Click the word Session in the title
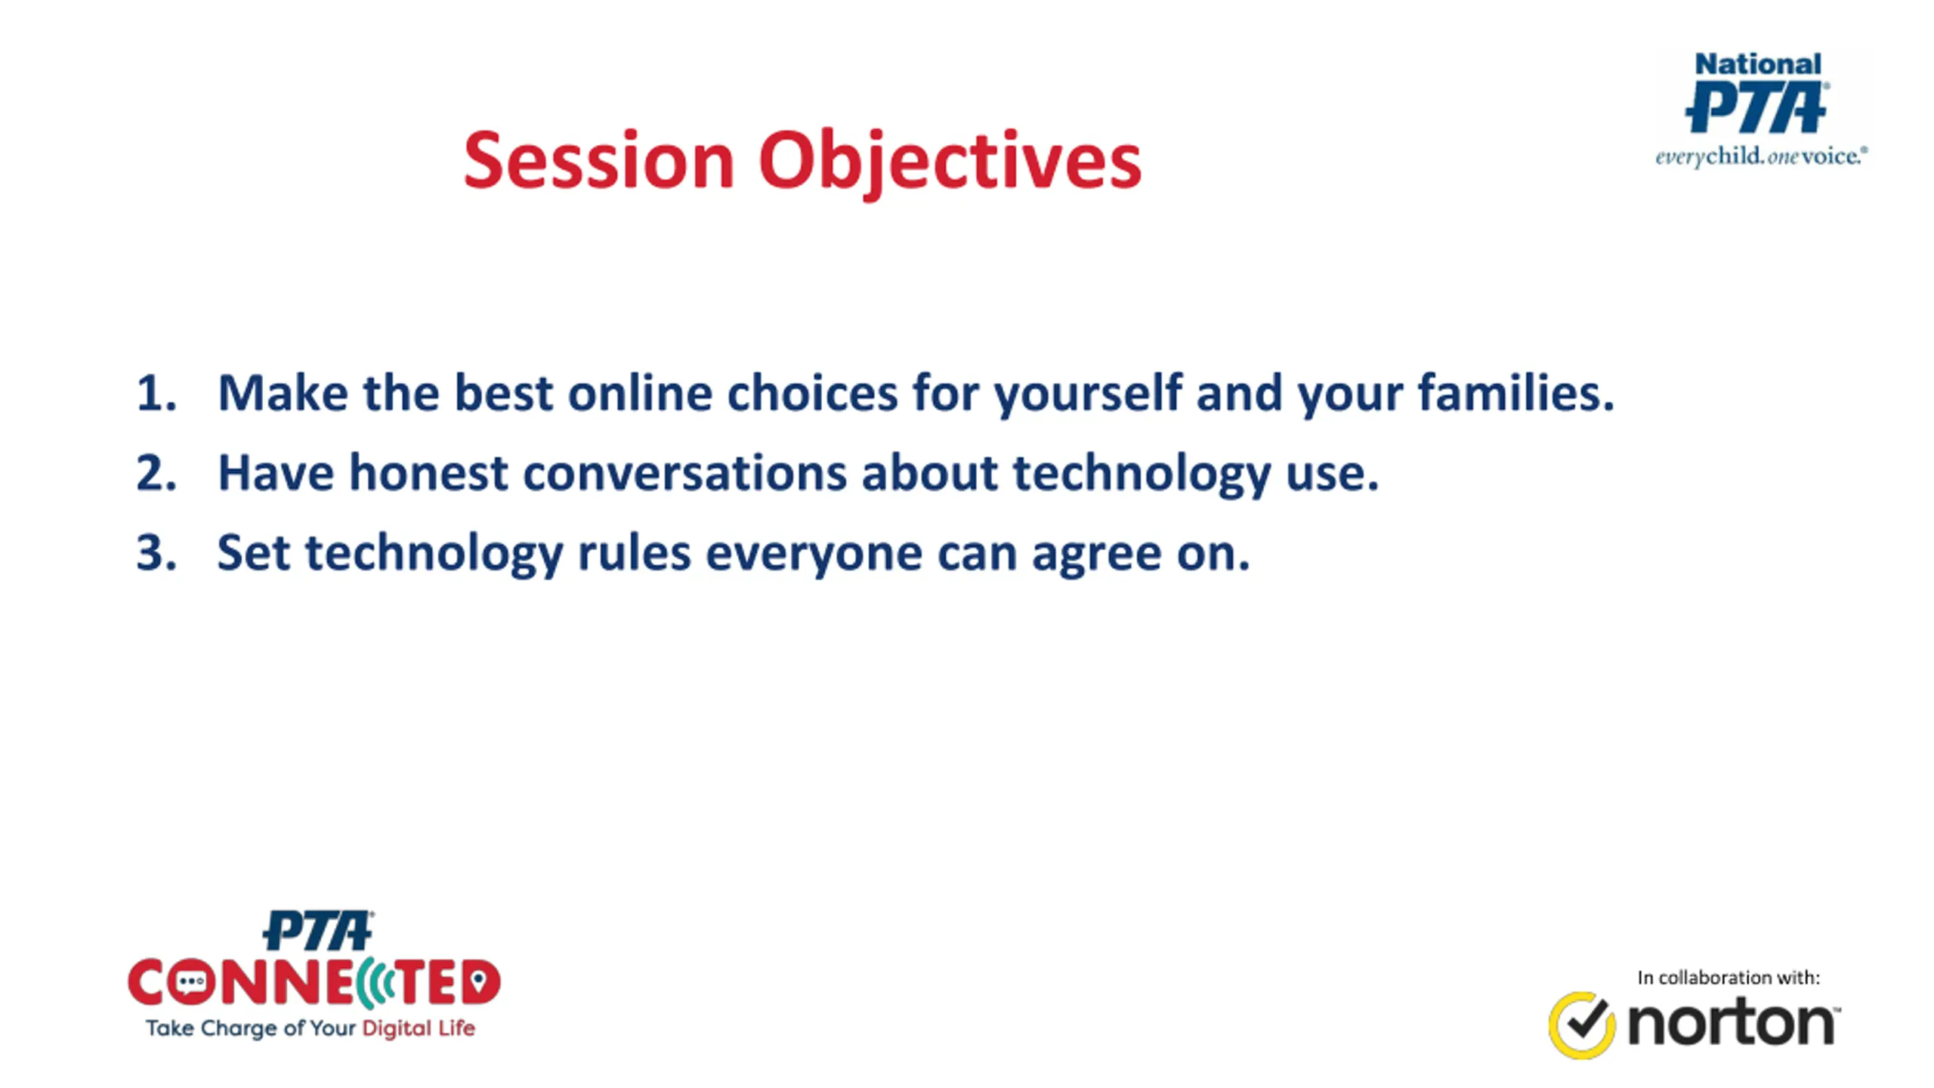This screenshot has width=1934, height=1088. pyautogui.click(x=599, y=160)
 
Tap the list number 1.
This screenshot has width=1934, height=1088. pyautogui.click(x=156, y=394)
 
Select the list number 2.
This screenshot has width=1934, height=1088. pyautogui.click(x=156, y=473)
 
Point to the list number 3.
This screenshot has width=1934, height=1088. pyautogui.click(x=156, y=553)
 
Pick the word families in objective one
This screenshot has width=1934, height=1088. pyautogui.click(x=1516, y=393)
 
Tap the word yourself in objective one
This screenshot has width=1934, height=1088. pyautogui.click(x=1087, y=396)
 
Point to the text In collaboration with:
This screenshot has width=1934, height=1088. pyautogui.click(x=1729, y=978)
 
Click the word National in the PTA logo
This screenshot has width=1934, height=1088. pyautogui.click(x=1758, y=64)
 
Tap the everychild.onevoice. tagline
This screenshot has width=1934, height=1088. pyautogui.click(x=1761, y=157)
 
